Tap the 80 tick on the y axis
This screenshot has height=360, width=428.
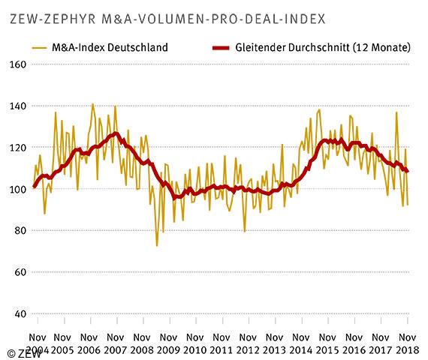pyautogui.click(x=19, y=231)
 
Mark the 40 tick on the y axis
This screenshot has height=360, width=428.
pyautogui.click(x=19, y=314)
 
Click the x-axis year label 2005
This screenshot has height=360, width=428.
pyautogui.click(x=63, y=350)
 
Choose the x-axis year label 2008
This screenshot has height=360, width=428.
pyautogui.click(x=143, y=350)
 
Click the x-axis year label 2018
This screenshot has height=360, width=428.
pyautogui.click(x=407, y=350)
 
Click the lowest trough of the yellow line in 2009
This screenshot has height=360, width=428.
pyautogui.click(x=157, y=245)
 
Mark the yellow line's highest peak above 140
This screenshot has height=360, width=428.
pyautogui.click(x=92, y=103)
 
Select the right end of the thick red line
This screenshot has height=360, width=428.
pyautogui.click(x=408, y=172)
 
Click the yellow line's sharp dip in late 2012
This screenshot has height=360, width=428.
pyautogui.click(x=246, y=231)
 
